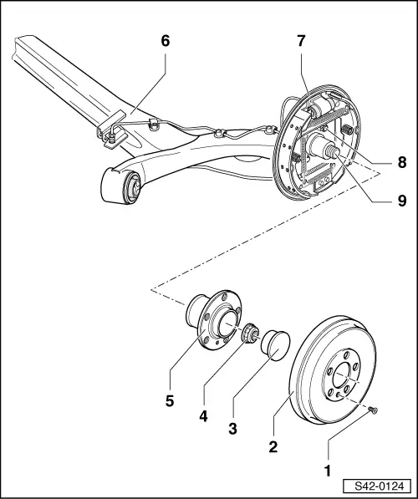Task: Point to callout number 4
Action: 204,414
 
